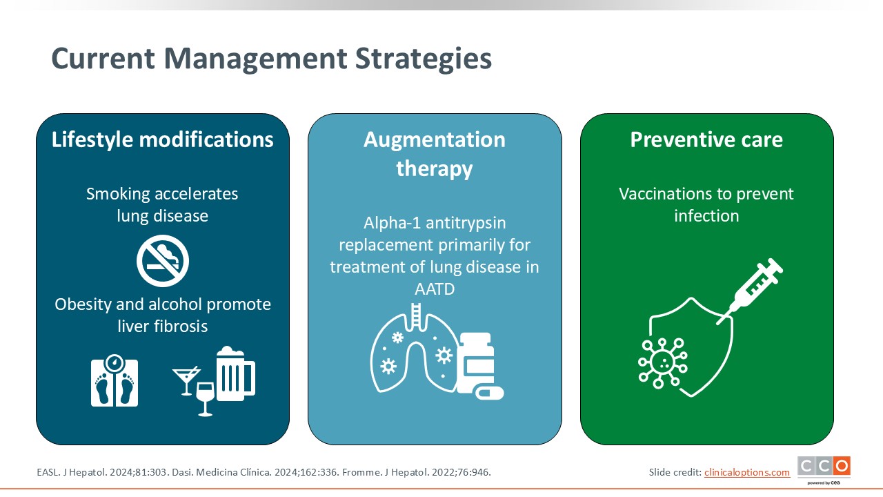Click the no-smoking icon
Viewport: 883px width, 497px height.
click(x=163, y=261)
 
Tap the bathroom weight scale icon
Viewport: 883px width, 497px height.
click(x=115, y=380)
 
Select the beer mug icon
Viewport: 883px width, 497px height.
click(x=236, y=373)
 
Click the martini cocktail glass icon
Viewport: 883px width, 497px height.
click(x=186, y=380)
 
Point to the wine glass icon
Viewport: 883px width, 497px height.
click(x=206, y=399)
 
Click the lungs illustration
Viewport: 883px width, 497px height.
click(x=414, y=349)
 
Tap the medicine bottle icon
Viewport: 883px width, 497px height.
click(x=476, y=362)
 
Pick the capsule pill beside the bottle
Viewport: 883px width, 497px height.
click(x=489, y=393)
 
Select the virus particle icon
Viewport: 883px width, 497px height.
click(x=663, y=363)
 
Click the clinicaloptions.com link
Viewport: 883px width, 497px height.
click(x=747, y=472)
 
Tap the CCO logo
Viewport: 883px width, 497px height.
click(x=824, y=469)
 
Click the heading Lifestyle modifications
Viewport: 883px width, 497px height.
click(x=162, y=139)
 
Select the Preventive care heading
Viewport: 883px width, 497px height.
click(x=706, y=139)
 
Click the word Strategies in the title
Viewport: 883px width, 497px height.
click(x=424, y=59)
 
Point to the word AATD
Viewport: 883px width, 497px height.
click(x=435, y=289)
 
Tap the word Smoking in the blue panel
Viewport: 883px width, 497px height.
click(x=117, y=195)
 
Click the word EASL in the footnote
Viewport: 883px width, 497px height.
click(x=48, y=472)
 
